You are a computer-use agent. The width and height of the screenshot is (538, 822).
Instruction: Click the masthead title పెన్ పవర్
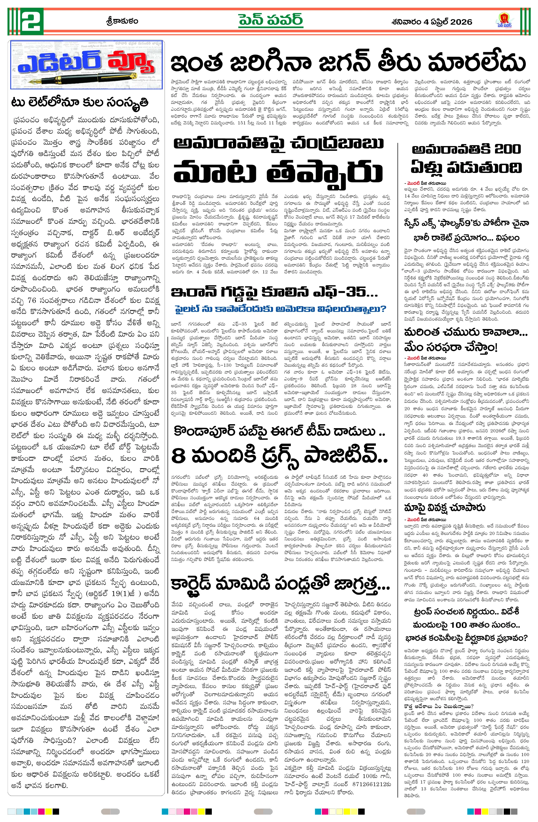[271, 21]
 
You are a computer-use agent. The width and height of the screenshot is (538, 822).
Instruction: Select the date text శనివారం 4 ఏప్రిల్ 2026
[432, 22]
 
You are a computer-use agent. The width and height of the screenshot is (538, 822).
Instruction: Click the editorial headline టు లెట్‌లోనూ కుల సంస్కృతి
[80, 103]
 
